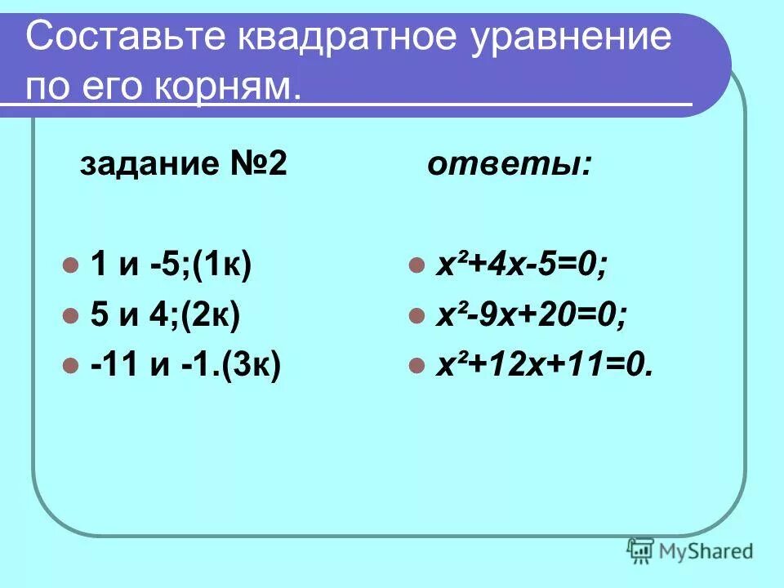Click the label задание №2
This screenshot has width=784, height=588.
(183, 166)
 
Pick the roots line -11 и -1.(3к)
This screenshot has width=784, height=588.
(185, 364)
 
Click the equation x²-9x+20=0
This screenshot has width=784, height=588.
(531, 315)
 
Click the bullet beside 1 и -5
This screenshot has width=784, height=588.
(71, 266)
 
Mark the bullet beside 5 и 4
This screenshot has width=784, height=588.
(71, 316)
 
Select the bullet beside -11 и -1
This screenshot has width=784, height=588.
(71, 365)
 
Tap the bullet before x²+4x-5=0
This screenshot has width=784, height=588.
(416, 266)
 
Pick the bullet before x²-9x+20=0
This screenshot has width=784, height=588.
(416, 316)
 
